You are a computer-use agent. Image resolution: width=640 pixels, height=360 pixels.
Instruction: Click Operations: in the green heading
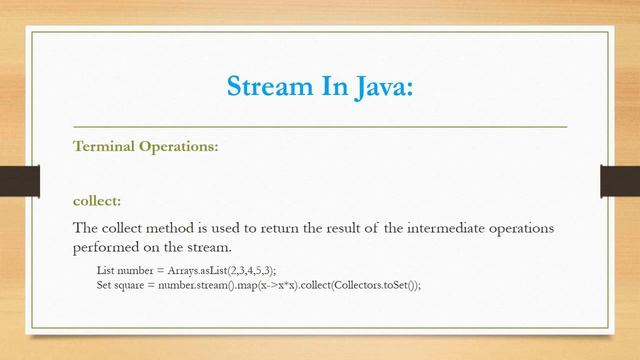coord(178,146)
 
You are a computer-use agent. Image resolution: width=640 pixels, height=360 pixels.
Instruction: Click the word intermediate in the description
coord(437,228)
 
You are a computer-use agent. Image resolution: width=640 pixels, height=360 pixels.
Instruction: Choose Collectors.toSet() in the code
coord(376,284)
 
